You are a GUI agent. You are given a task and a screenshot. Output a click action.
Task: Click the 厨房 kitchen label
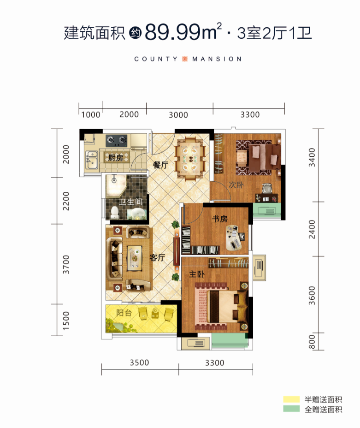pyautogui.click(x=116, y=157)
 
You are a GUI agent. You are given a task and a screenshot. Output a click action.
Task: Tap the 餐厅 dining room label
pyautogui.click(x=160, y=165)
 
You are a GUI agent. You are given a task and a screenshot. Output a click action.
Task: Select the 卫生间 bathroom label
pyautogui.click(x=130, y=202)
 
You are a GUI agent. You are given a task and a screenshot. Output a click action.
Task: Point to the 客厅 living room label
pyautogui.click(x=157, y=257)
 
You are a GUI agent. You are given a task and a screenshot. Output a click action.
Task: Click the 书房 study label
pyautogui.click(x=220, y=219)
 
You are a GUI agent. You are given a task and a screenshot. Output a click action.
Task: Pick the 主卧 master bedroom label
pyautogui.click(x=197, y=274)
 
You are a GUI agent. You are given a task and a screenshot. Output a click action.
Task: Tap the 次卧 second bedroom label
pyautogui.click(x=236, y=185)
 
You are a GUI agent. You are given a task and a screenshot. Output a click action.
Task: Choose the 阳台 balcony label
pyautogui.click(x=124, y=313)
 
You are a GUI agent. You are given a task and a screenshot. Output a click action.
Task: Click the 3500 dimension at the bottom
pyautogui.click(x=139, y=363)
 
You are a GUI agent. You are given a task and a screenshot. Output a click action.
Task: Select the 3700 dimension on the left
pyautogui.click(x=66, y=264)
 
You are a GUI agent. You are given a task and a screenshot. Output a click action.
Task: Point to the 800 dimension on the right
pyautogui.click(x=312, y=342)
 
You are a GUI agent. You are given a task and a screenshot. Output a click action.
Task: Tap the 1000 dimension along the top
pyautogui.click(x=91, y=114)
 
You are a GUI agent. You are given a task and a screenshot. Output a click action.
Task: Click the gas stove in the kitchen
pyautogui.click(x=117, y=140)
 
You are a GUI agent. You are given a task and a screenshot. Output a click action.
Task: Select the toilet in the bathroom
pyautogui.click(x=115, y=213)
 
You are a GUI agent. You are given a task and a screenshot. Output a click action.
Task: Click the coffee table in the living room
pyautogui.click(x=135, y=258)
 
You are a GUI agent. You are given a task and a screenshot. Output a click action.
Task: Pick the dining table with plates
pyautogui.click(x=190, y=158)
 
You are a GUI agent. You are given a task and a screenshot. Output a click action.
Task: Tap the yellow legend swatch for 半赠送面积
pyautogui.click(x=291, y=399)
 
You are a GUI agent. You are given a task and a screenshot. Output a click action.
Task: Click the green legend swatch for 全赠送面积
pyautogui.click(x=291, y=409)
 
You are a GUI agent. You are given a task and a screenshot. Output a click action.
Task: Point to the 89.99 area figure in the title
pyautogui.click(x=172, y=32)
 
